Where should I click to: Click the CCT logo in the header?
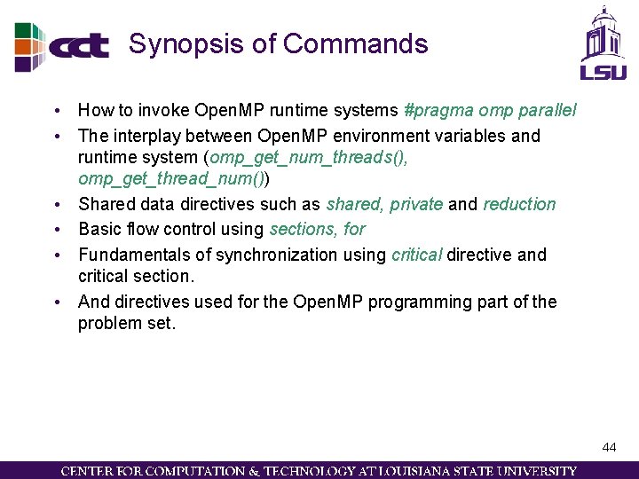62,45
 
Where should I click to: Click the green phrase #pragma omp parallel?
490,111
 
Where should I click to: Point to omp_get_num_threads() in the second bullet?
308,158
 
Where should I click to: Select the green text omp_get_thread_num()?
170,179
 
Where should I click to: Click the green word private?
415,204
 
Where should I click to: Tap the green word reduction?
519,204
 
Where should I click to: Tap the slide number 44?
609,447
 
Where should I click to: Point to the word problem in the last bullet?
106,323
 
